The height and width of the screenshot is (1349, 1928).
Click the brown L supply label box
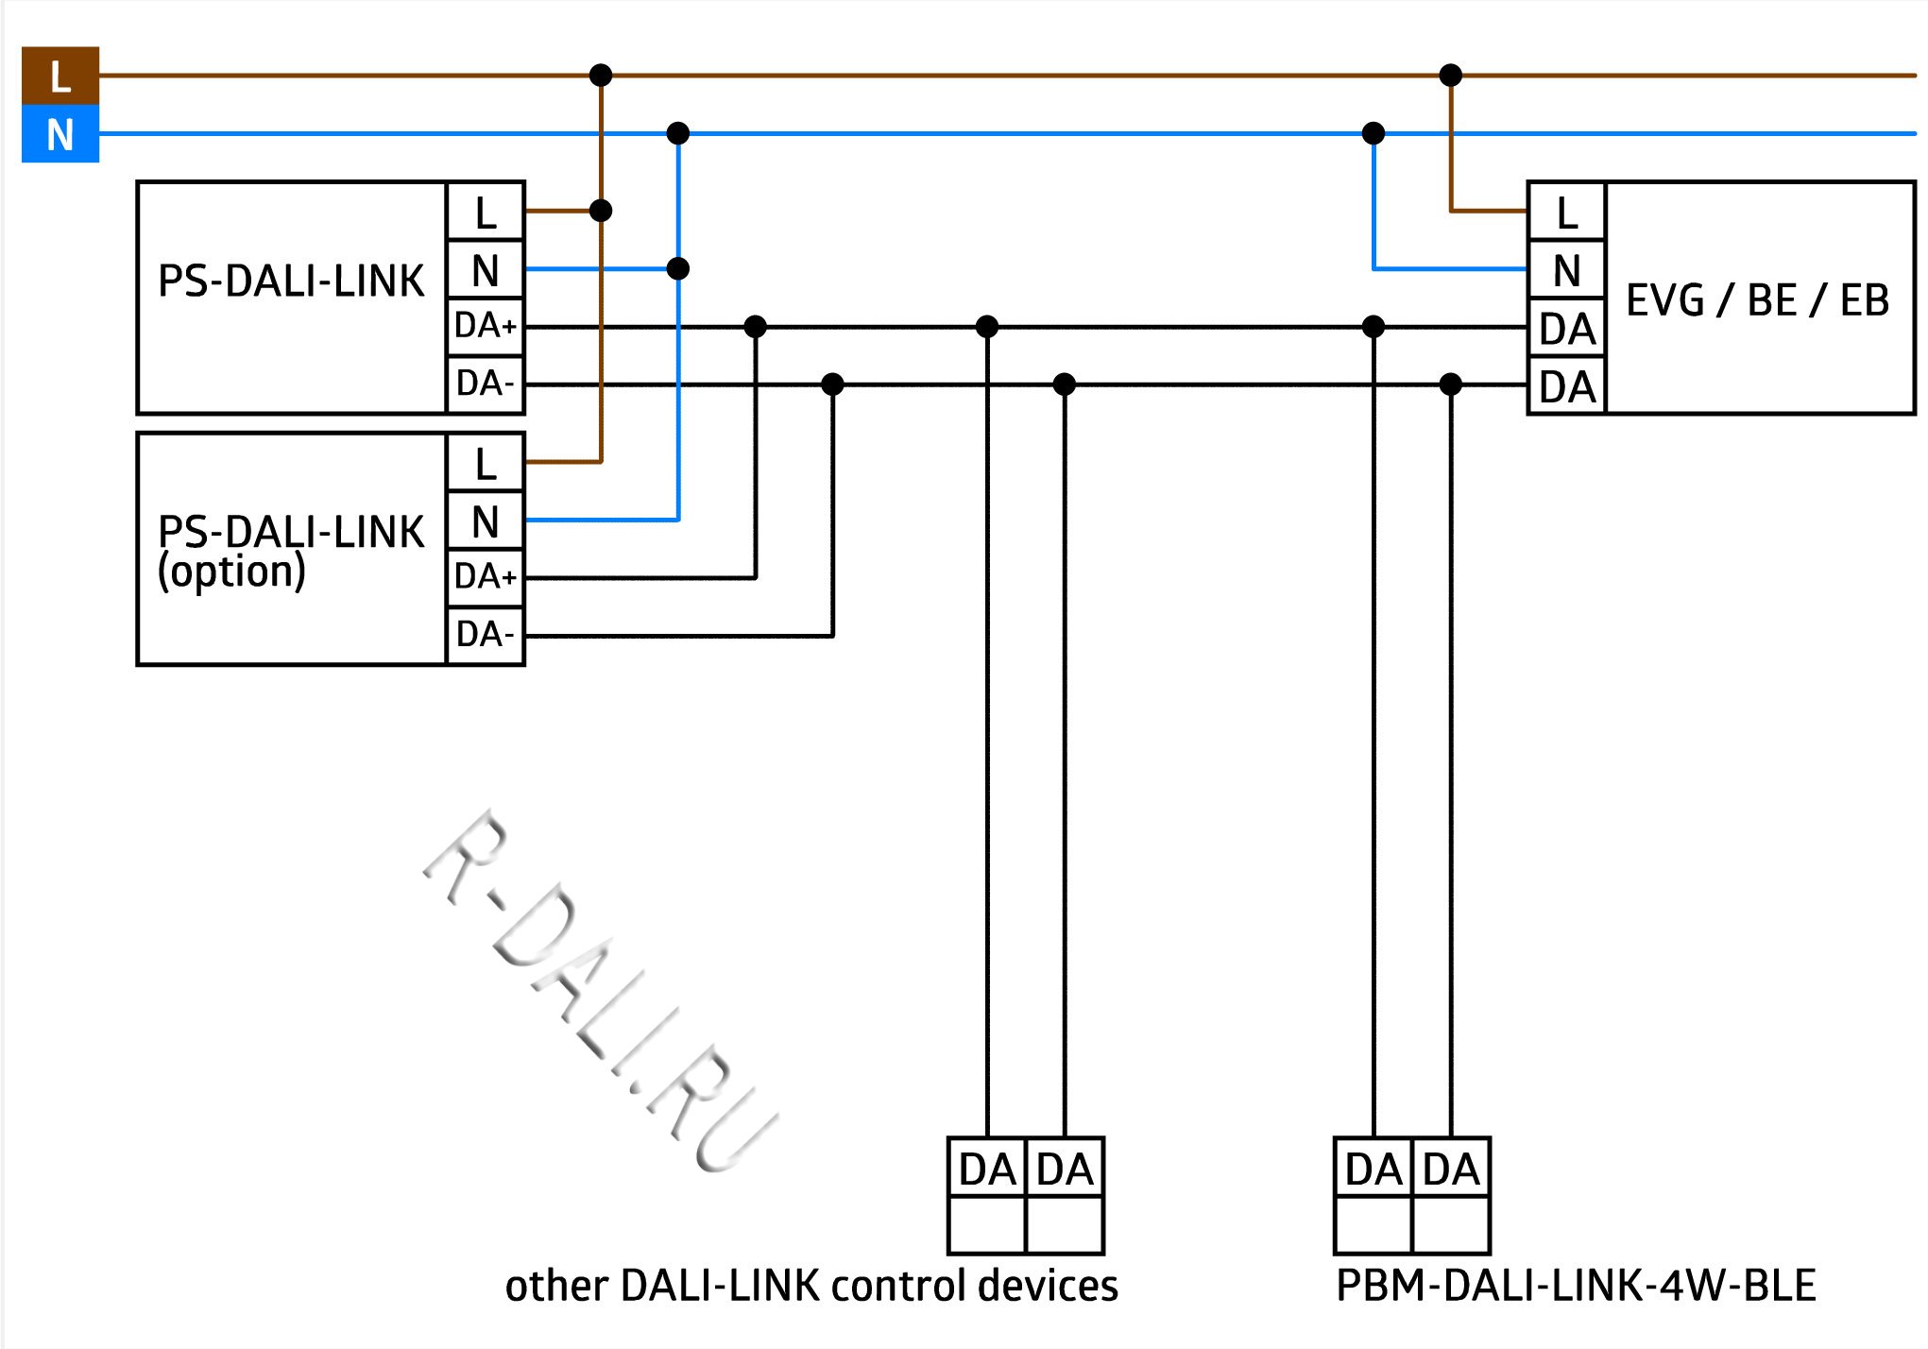[x=60, y=76]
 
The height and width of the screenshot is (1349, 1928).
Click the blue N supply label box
[x=60, y=134]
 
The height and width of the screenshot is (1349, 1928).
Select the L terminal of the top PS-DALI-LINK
[x=486, y=212]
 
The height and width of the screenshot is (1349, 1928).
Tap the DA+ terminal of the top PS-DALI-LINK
[x=486, y=326]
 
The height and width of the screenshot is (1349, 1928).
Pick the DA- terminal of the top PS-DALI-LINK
[x=486, y=384]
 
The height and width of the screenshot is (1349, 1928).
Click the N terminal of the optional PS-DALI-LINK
[x=486, y=521]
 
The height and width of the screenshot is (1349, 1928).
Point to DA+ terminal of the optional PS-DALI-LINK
[x=486, y=576]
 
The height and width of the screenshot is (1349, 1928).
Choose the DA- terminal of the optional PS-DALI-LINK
[x=486, y=635]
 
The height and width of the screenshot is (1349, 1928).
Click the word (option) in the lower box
[x=232, y=572]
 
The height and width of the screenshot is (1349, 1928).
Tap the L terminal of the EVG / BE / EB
[x=1567, y=213]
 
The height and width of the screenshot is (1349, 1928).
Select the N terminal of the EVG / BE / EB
[x=1567, y=271]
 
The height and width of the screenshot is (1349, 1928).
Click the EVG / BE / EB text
[x=1758, y=300]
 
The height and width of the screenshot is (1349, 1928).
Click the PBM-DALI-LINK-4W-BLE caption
[x=1576, y=1286]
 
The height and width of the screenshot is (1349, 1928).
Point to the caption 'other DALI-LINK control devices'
[x=811, y=1286]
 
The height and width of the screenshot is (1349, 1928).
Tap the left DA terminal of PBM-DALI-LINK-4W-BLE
[x=1373, y=1170]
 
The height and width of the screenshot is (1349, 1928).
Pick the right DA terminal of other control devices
[x=1065, y=1170]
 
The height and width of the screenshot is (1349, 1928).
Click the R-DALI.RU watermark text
[x=599, y=992]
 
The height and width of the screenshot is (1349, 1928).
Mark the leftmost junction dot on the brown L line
[x=601, y=75]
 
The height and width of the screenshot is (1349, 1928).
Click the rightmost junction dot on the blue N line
[x=1373, y=133]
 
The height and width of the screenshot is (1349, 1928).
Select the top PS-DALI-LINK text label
[x=291, y=282]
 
